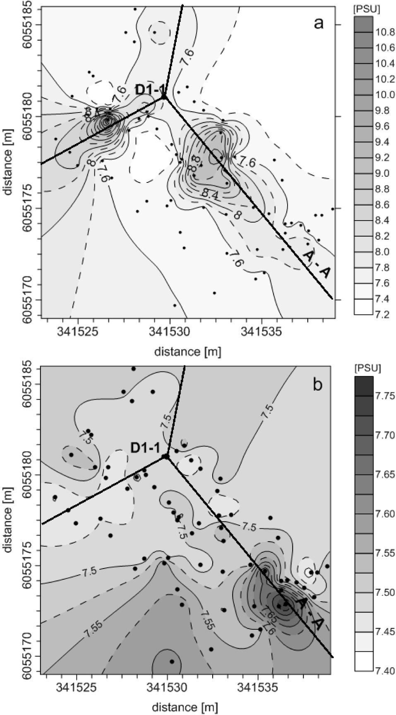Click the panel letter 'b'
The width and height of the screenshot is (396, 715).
click(x=317, y=384)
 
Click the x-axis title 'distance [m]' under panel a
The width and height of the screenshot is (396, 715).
click(x=187, y=352)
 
